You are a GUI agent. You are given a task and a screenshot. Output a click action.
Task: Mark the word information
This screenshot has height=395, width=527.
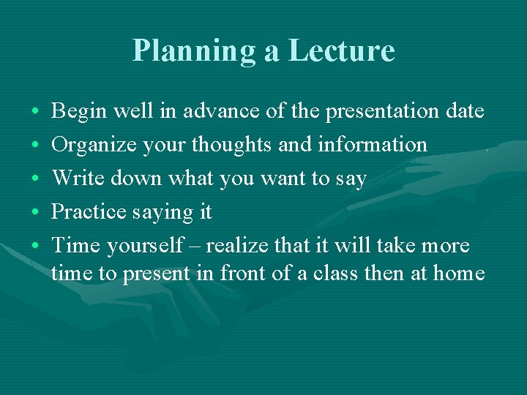[x=373, y=145]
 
